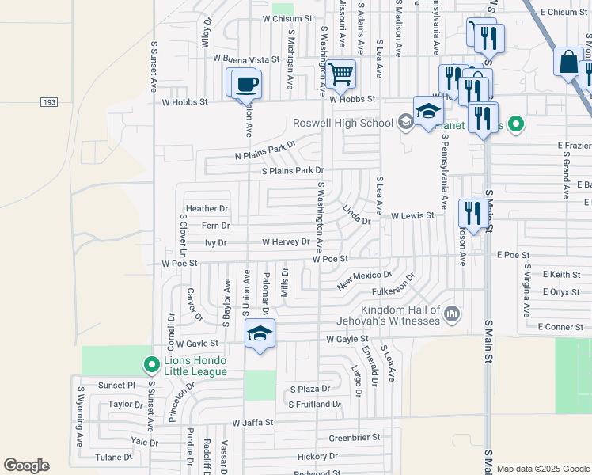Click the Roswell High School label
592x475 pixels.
pos(343,123)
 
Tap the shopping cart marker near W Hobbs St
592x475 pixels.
pos(341,74)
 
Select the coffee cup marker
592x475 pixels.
pos(247,83)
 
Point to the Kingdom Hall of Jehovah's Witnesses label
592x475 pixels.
pos(400,315)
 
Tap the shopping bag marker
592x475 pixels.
pos(568,62)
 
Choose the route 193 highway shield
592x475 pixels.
pos(49,102)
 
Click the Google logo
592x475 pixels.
pos(26,465)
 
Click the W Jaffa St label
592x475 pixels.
pos(247,423)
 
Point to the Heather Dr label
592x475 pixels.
pos(207,209)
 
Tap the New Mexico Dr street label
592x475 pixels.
pos(365,279)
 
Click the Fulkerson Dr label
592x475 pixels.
pos(395,290)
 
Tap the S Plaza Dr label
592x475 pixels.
pos(309,389)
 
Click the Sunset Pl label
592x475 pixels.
pos(116,386)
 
